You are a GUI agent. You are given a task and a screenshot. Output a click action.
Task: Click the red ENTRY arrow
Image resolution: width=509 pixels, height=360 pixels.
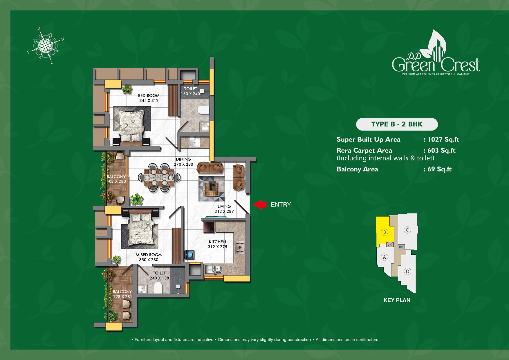point(260,205)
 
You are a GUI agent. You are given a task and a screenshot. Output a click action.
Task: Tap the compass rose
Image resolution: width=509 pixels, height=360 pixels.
point(46,46)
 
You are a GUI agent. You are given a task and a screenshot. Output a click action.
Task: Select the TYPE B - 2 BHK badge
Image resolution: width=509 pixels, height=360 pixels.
point(397,124)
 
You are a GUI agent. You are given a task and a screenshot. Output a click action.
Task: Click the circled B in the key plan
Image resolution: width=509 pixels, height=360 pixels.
point(385,232)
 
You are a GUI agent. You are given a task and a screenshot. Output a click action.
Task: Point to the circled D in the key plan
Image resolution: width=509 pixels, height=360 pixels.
point(407,272)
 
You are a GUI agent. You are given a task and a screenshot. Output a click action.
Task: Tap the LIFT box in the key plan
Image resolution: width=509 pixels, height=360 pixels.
point(401,247)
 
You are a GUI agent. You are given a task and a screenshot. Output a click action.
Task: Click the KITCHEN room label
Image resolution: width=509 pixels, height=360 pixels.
point(217,242)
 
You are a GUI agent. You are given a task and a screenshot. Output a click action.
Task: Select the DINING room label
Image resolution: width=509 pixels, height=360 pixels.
point(183,159)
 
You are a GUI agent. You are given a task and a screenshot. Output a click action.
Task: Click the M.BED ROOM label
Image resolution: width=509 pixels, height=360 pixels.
point(149,255)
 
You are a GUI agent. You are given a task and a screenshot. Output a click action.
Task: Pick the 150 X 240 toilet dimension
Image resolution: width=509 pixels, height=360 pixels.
point(190,94)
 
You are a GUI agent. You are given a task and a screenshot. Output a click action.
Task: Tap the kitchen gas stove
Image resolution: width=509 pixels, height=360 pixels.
point(240,247)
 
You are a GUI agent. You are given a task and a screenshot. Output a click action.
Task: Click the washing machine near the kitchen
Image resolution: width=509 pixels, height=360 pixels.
point(190,255)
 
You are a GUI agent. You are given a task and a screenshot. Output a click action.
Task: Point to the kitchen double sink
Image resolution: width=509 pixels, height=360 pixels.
point(214,269)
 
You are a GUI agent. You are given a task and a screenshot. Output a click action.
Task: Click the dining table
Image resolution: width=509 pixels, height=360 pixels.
point(159,178)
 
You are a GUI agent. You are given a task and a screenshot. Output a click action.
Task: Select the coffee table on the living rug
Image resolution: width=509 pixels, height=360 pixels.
point(212,189)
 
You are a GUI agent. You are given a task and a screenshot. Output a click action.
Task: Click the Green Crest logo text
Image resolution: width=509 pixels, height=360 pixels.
point(436,64)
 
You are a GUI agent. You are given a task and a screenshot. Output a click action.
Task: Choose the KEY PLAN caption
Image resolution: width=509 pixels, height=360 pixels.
point(397,300)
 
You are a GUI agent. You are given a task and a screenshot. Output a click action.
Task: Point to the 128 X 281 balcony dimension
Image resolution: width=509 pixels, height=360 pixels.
point(122,296)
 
